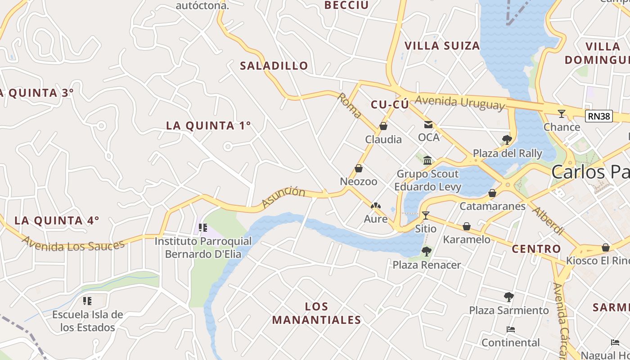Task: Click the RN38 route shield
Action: (599, 117)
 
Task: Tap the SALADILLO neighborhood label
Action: (274, 66)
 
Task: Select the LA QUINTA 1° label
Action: (208, 126)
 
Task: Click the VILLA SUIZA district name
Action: (442, 46)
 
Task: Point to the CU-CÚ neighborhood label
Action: (390, 105)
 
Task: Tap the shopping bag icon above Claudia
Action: (383, 126)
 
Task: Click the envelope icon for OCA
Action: (428, 124)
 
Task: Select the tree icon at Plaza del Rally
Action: (507, 139)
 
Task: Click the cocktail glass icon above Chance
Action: (561, 113)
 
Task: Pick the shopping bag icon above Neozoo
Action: (359, 168)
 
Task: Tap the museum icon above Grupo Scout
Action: (427, 160)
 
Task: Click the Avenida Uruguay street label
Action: (459, 103)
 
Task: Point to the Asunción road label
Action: (283, 197)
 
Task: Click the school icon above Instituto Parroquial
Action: (202, 228)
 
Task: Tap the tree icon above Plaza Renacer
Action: (426, 251)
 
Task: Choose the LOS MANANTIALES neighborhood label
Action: (316, 313)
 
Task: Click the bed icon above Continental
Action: (510, 329)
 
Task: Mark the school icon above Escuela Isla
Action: (87, 301)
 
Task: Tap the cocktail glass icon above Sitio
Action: (426, 215)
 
